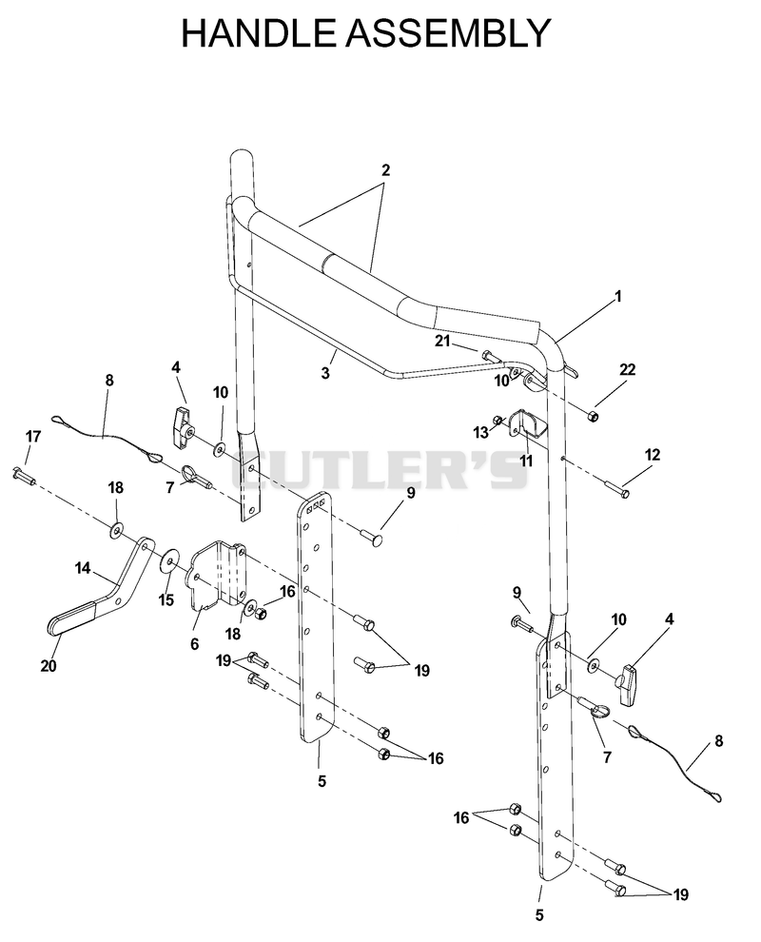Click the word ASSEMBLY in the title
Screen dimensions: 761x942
(x=448, y=33)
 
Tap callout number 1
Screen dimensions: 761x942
(x=618, y=296)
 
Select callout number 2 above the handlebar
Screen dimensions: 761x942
(x=385, y=170)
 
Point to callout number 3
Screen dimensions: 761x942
(x=325, y=373)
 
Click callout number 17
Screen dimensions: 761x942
(x=33, y=436)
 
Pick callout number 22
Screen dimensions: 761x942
(x=627, y=369)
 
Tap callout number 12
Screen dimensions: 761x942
(x=653, y=455)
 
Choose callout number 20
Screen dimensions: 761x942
(x=49, y=666)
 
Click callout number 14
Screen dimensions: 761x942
(x=83, y=568)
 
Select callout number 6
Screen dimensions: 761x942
(x=194, y=644)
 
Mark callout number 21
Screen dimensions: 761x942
(x=442, y=342)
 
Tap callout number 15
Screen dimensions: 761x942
(x=166, y=599)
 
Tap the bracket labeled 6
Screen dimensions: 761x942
(x=219, y=576)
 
